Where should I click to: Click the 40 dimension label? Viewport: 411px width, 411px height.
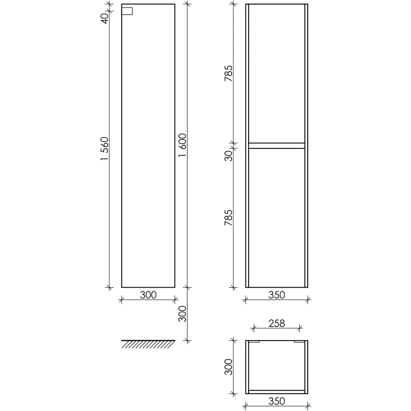pos(105,18)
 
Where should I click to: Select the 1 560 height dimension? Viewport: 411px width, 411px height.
pos(104,148)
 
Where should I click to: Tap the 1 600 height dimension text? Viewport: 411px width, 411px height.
pos(182,145)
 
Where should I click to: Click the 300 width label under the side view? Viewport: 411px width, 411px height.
pos(148,295)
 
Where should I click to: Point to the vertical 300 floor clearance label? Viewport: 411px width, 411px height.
pos(182,314)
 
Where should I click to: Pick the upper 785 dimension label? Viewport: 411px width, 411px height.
pos(228,73)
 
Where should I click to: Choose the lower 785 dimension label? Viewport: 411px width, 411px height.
pos(228,217)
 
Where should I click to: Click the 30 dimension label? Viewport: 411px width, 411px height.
pos(228,156)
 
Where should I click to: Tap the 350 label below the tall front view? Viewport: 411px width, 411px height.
pos(276,295)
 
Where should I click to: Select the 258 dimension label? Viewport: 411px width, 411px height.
pos(276,323)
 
